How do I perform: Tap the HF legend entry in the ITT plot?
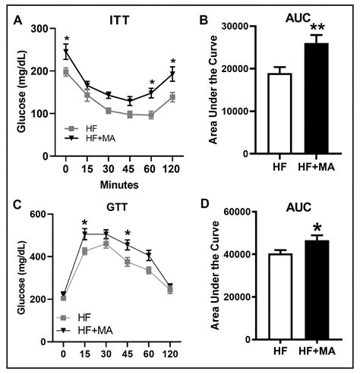tap(84, 128)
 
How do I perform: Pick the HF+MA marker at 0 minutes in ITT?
tap(66, 52)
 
